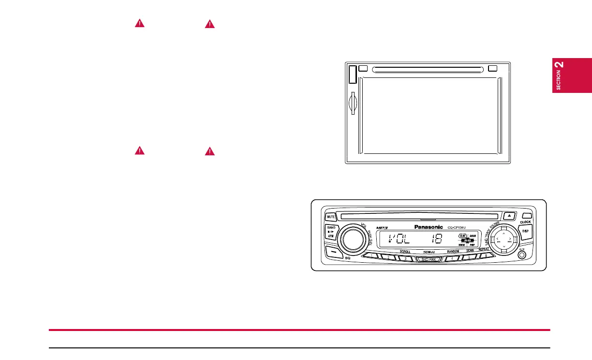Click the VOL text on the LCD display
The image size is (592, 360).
click(398, 238)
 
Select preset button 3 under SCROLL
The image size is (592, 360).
click(405, 258)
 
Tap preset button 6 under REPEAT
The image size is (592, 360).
click(486, 256)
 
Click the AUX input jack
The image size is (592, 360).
click(521, 255)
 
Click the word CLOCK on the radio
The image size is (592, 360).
click(525, 222)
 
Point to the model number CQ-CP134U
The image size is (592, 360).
click(458, 227)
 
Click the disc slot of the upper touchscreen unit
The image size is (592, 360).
click(428, 69)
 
